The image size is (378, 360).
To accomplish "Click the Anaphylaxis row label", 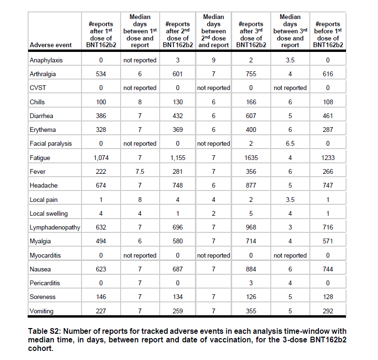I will [x=46, y=60].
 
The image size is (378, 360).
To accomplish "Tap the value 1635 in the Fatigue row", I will [x=251, y=158].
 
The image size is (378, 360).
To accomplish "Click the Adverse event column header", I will [x=51, y=45].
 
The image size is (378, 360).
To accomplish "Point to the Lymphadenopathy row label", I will [x=54, y=227].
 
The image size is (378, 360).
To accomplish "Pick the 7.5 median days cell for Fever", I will [x=140, y=171].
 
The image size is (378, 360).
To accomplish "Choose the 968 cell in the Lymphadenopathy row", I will [x=251, y=227].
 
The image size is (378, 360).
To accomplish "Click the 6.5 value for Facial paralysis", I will [x=290, y=143].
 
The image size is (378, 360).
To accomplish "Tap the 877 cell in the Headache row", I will [x=251, y=185].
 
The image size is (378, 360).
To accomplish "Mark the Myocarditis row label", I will [x=45, y=255].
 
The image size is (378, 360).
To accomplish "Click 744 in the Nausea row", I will [x=327, y=269].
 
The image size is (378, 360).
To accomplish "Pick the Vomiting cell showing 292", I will [x=327, y=311].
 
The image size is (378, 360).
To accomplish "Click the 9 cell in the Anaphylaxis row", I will [x=213, y=60].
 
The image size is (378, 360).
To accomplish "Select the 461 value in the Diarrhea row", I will [x=327, y=116].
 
